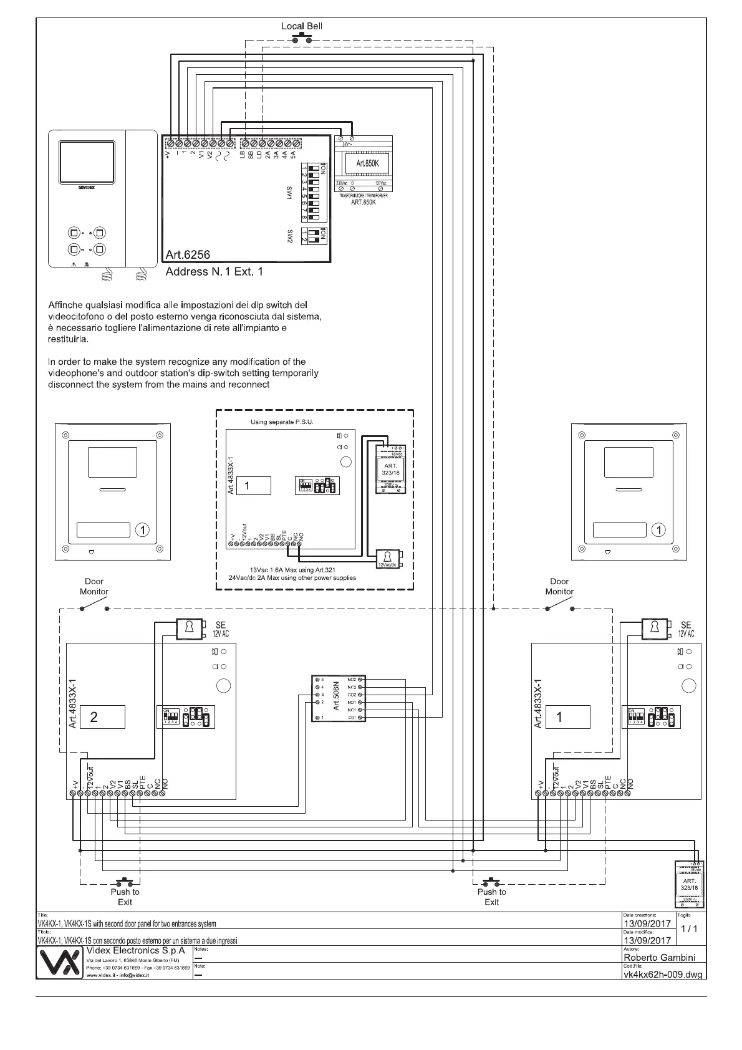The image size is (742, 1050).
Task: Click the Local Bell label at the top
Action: point(302,26)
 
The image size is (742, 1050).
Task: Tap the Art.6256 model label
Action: point(188,254)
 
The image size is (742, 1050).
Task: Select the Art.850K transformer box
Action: point(364,164)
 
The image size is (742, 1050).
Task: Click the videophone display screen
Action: point(87,161)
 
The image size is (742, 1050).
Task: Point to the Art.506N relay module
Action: point(337,698)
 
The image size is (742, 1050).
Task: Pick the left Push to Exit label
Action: point(125,897)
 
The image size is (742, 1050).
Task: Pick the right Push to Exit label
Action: point(491,897)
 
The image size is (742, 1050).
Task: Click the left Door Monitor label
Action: point(94,586)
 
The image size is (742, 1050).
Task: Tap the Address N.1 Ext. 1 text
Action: point(214,272)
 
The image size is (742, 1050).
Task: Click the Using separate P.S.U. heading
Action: point(282,422)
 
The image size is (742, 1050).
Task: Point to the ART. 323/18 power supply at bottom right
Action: point(689,885)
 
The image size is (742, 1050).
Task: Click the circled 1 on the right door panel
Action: point(658,530)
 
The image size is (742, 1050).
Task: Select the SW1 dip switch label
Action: point(290,193)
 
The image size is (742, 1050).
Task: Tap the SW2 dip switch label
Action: point(290,236)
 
